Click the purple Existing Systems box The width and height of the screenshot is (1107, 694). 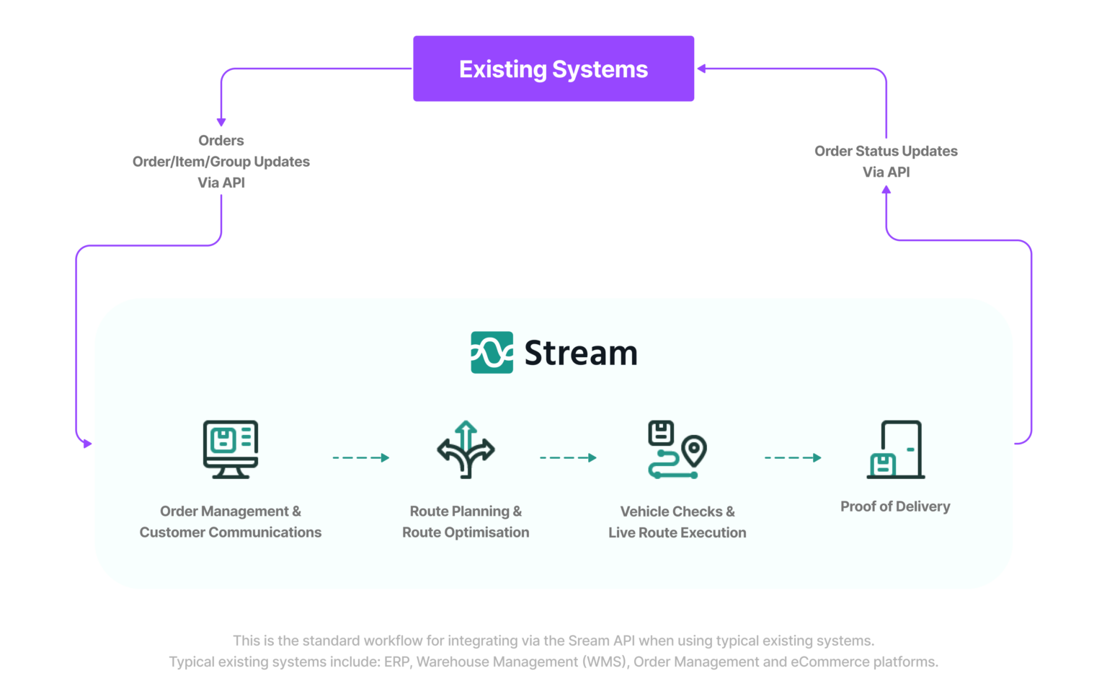point(553,69)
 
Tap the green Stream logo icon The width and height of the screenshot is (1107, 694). point(492,352)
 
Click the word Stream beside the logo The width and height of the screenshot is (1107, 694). point(580,353)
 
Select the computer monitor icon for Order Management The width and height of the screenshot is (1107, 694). point(231,449)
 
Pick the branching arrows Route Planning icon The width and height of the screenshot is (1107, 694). point(466,449)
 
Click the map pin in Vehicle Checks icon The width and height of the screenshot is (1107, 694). point(694,450)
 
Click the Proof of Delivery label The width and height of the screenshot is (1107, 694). point(895,506)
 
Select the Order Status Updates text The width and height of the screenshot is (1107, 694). point(886,151)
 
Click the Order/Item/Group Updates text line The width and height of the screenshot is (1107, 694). point(221,162)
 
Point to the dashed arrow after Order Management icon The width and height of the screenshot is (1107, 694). point(360,457)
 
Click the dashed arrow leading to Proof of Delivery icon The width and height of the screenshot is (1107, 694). point(793,457)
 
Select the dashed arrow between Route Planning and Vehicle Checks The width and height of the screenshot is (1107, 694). point(568,457)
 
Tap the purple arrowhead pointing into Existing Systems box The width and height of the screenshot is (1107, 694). point(701,69)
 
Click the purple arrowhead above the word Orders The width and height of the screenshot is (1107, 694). point(221,122)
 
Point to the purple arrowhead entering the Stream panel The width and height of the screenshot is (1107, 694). point(87,444)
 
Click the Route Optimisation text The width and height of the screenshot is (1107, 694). point(466,532)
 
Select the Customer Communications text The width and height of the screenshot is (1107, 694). point(231,532)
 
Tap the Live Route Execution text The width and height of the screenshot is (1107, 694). point(677,532)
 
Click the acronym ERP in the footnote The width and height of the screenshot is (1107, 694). point(396,662)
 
